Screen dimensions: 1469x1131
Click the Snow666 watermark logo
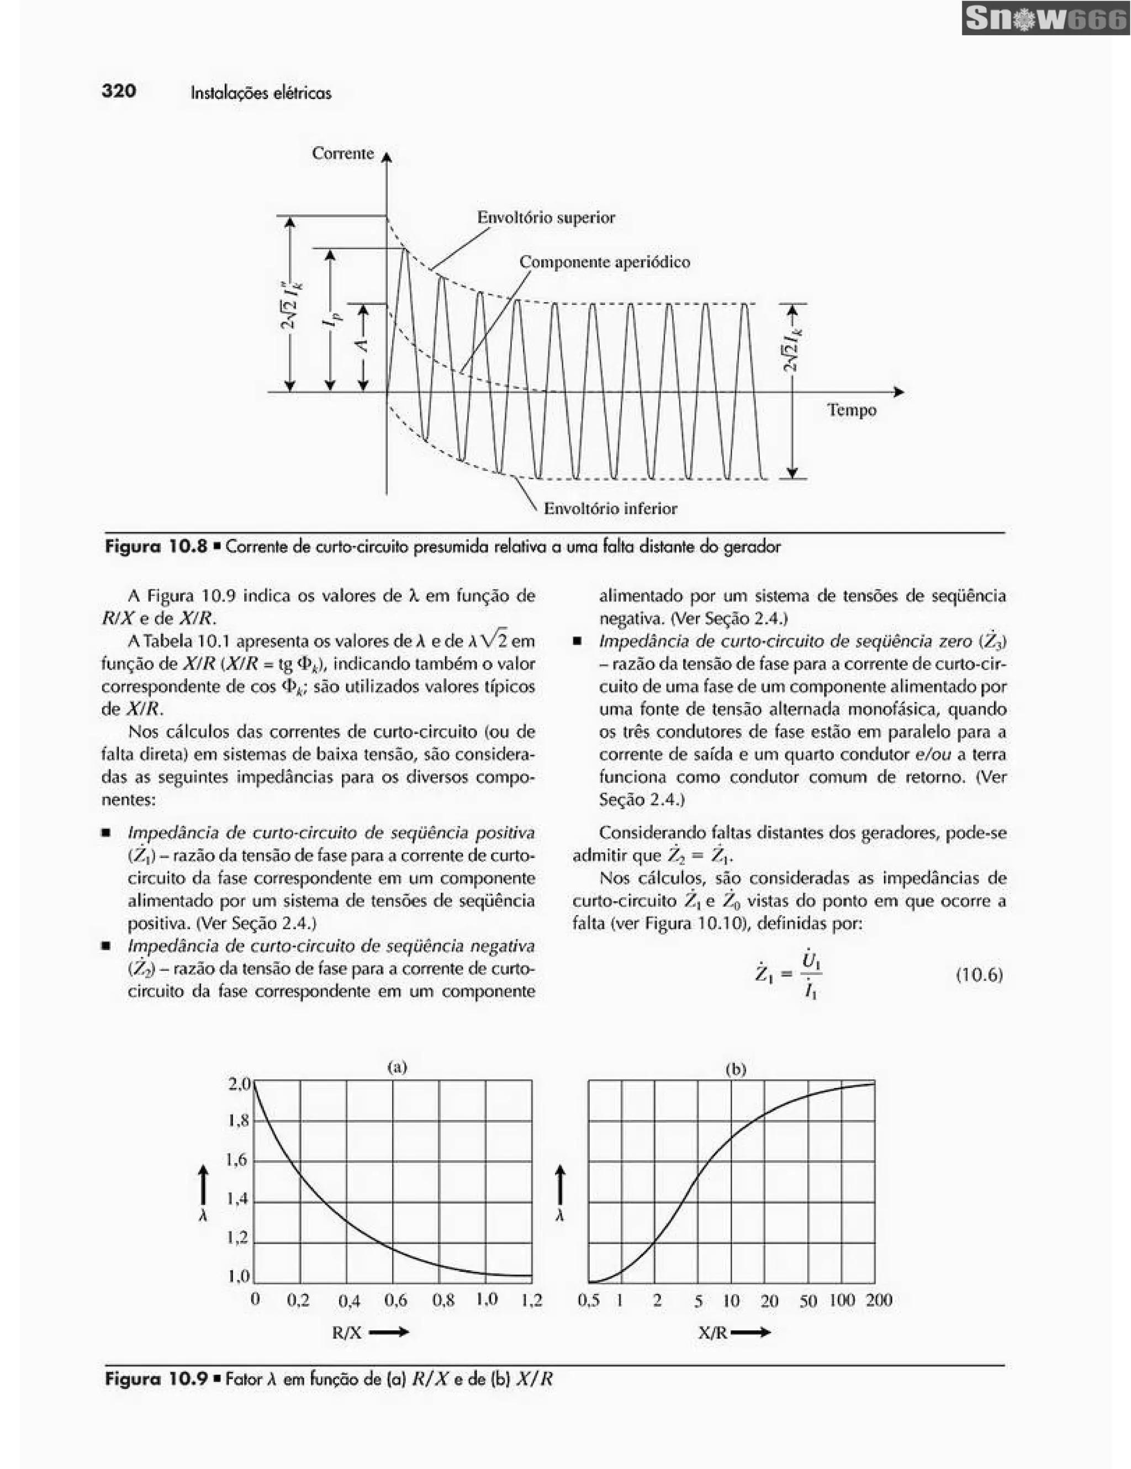tap(1045, 19)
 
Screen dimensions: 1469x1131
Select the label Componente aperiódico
tap(605, 262)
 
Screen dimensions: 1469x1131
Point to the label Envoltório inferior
tap(610, 509)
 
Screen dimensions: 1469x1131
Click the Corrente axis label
tap(342, 154)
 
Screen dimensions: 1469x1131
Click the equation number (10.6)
tap(979, 975)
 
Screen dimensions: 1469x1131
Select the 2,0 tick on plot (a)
tap(239, 1084)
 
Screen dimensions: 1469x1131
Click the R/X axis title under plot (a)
tap(347, 1333)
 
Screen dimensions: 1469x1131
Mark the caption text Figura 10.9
tap(156, 1380)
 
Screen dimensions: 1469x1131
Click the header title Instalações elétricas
tap(261, 93)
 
